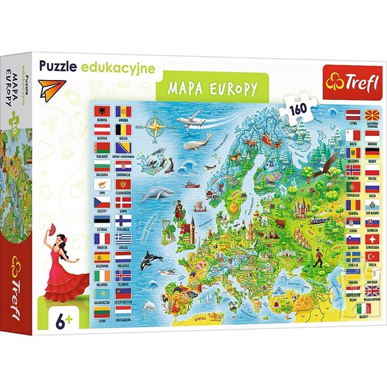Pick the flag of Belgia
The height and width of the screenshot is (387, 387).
pyautogui.click(x=123, y=131)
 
